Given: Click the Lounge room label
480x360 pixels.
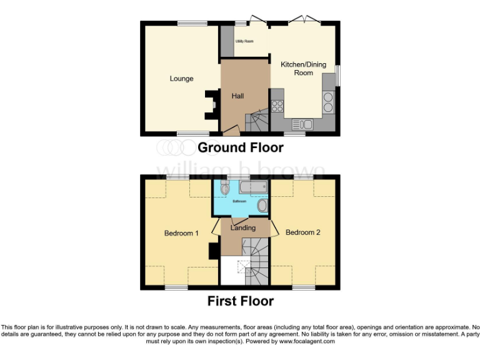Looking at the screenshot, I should [x=181, y=79].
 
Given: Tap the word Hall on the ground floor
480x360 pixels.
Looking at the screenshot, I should [x=237, y=96].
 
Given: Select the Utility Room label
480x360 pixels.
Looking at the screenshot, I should [x=244, y=41].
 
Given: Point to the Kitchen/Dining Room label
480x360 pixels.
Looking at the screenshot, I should [x=296, y=69].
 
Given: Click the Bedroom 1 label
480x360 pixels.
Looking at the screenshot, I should [x=181, y=233].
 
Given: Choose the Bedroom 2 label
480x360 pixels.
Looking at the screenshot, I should [x=303, y=232].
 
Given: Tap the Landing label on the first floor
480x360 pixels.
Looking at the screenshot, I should [x=243, y=228].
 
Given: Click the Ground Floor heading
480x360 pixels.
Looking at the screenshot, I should [x=241, y=148].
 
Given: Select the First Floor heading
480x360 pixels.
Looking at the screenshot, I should [x=241, y=301].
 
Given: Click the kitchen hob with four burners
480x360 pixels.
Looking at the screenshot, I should [x=277, y=106].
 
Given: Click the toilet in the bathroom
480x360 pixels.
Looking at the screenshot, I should [x=225, y=187].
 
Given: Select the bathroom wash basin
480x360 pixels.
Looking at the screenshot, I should [x=262, y=206].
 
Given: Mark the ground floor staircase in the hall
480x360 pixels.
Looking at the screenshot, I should [x=256, y=120].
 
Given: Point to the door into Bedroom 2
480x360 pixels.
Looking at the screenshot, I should [x=274, y=229].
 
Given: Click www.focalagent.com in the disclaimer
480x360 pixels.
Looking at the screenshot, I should [x=307, y=341].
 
